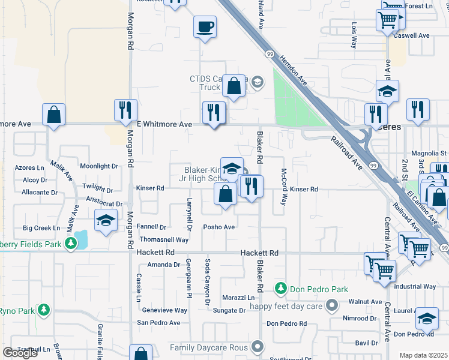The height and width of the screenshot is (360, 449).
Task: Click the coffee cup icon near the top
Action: tap(205, 27)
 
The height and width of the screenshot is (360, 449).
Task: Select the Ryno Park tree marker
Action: tap(43, 310)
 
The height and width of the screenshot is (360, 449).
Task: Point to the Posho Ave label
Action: tap(218, 227)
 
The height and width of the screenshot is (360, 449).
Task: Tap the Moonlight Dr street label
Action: tap(99, 166)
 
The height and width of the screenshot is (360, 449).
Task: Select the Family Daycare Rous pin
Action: tap(258, 347)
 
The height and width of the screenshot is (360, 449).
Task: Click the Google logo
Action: tap(20, 353)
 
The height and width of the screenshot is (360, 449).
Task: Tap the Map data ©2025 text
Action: tap(423, 355)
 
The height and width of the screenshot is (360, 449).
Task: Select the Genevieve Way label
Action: tap(164, 310)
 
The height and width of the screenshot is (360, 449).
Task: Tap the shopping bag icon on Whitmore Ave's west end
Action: tap(53, 114)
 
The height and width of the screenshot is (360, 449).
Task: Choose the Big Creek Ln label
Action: tap(41, 228)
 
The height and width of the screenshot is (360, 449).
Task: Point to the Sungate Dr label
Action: tap(229, 310)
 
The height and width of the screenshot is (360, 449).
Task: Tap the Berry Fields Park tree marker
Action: tap(71, 243)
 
